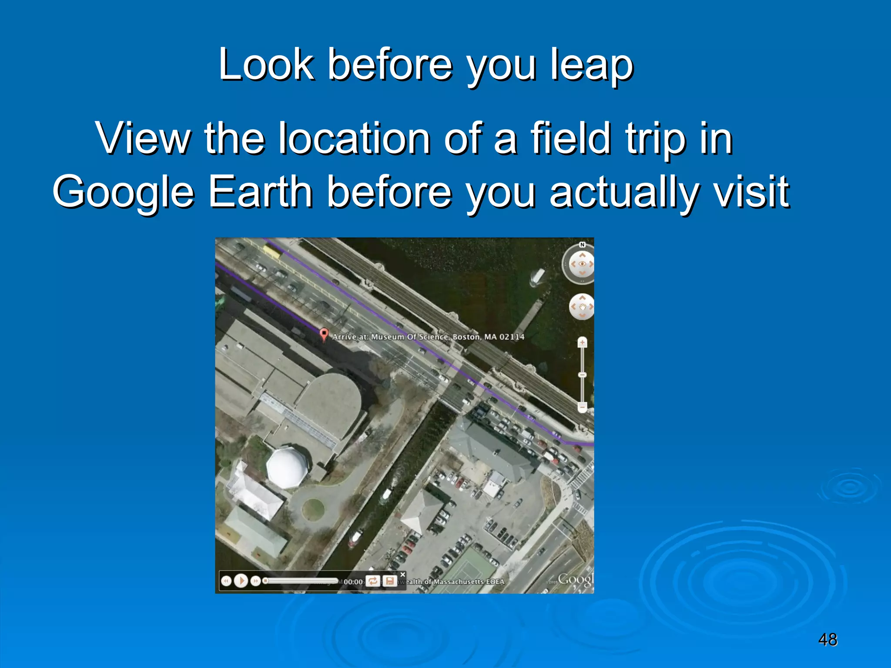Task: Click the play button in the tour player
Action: point(241,581)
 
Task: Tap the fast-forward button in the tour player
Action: point(256,581)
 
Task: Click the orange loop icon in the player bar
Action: point(373,581)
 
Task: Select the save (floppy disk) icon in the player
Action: point(390,581)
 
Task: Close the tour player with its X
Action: point(402,574)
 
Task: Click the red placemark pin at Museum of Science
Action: point(324,334)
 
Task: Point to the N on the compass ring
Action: point(582,245)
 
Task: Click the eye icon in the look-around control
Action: point(582,264)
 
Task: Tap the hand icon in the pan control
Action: point(582,307)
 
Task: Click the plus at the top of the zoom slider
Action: point(582,343)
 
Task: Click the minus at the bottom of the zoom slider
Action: point(582,407)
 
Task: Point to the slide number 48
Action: point(827,640)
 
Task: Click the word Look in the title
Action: point(266,65)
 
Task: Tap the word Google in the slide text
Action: point(123,192)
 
